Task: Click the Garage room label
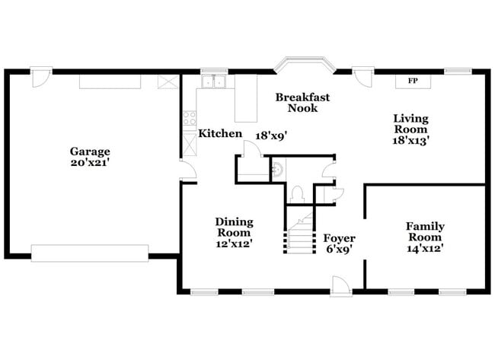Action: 91,151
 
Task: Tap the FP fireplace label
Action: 413,81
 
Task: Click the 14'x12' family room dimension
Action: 425,247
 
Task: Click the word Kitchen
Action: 220,134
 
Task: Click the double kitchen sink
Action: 216,82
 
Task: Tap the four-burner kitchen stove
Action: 190,118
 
